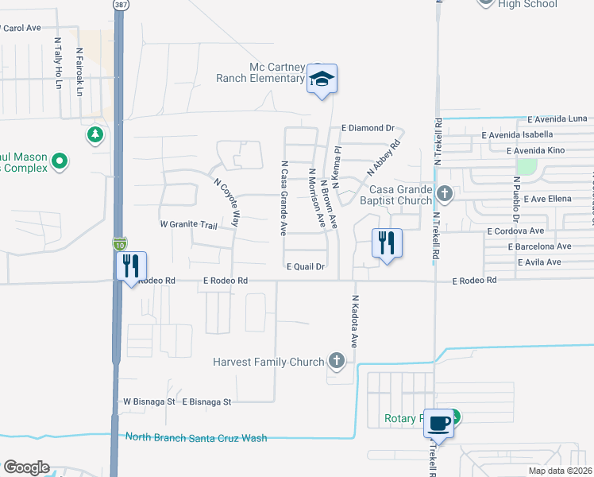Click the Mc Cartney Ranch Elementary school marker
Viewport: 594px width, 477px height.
(x=322, y=79)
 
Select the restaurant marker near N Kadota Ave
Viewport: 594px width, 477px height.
(x=387, y=242)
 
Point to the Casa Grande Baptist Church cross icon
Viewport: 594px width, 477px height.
(x=445, y=192)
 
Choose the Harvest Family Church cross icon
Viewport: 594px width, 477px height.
(x=337, y=362)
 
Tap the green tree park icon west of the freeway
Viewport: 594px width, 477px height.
(x=95, y=134)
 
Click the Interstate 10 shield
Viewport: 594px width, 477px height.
(x=119, y=244)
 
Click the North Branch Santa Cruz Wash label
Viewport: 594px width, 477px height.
(x=196, y=438)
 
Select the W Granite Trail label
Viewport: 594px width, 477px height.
(x=188, y=225)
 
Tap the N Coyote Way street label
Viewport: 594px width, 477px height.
(x=226, y=202)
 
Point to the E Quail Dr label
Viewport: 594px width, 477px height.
(x=306, y=267)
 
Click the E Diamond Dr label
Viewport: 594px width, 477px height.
(x=368, y=128)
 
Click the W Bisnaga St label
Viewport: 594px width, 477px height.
(x=148, y=402)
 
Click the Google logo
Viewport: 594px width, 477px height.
(x=26, y=467)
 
